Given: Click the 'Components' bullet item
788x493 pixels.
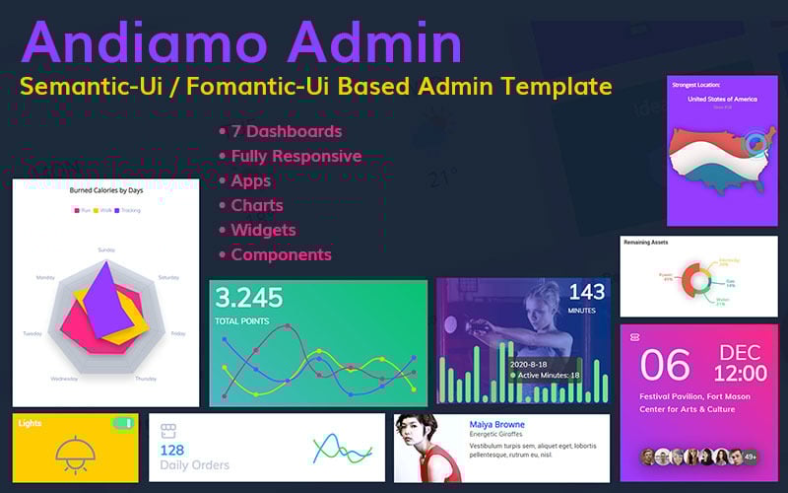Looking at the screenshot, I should pos(281,254).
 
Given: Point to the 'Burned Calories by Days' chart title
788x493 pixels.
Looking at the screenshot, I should pos(105,191).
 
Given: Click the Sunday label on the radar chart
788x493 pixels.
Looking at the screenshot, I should pos(105,249).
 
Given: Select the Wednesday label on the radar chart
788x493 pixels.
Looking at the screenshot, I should pos(65,379).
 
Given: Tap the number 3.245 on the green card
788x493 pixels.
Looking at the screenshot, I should pos(248,298).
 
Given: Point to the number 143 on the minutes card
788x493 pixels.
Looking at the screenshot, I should pos(587,293).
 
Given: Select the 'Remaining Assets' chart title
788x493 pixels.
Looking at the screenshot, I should pos(652,242).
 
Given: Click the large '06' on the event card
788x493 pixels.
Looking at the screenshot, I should pos(665,365).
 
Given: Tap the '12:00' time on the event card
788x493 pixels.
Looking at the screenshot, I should pos(740,374).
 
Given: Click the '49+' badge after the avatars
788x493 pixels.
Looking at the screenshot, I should pos(751,457).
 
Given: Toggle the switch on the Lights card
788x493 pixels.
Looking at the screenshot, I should pos(122,423).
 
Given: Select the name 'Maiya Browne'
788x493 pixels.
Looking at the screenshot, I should pos(496,425).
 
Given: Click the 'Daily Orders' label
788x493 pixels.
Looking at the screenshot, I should pos(194,465).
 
